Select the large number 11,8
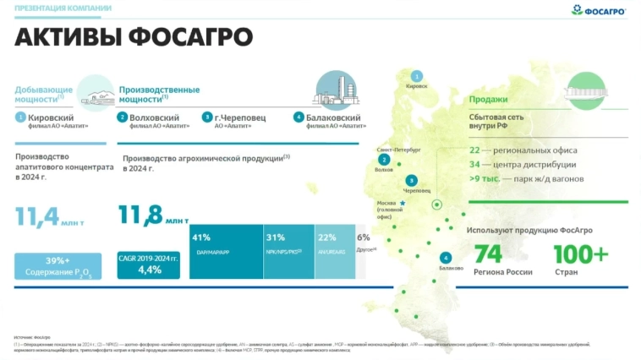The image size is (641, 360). (140, 215)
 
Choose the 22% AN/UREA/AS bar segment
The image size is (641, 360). (333, 251)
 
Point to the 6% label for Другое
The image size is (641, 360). (363, 238)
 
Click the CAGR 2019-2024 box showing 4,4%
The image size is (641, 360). (149, 265)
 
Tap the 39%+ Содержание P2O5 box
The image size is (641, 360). (58, 265)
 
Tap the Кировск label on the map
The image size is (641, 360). (417, 85)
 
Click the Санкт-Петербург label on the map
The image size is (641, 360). (398, 149)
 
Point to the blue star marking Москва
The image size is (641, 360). (403, 204)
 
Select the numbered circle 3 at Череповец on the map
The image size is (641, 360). (411, 180)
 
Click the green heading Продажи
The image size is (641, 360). (488, 99)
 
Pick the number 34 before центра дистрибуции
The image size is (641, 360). (474, 164)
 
